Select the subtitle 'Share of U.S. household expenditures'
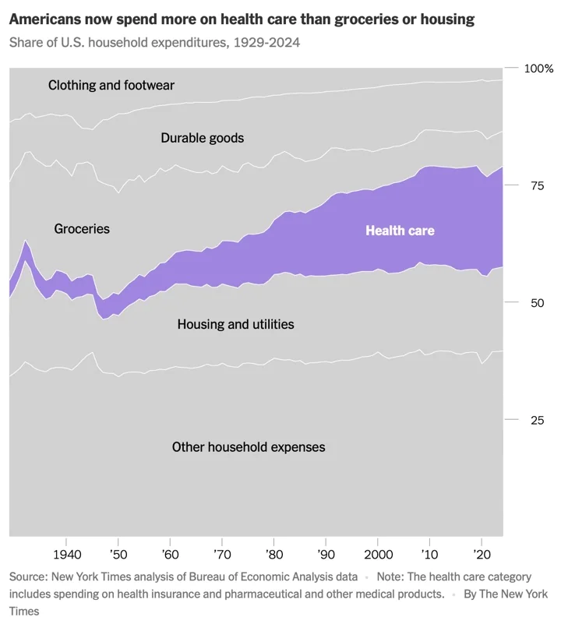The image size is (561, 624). coord(154,42)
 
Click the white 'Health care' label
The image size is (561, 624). coord(400,231)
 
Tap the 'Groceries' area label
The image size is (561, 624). coord(82,229)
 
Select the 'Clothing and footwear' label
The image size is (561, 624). coord(111,85)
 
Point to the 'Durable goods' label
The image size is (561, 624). coord(202,138)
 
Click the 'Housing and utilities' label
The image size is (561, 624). coord(235,324)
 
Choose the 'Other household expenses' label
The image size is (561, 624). coord(248,447)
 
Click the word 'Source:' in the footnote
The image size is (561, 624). coord(30,577)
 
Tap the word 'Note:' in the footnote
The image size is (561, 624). coord(393,577)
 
